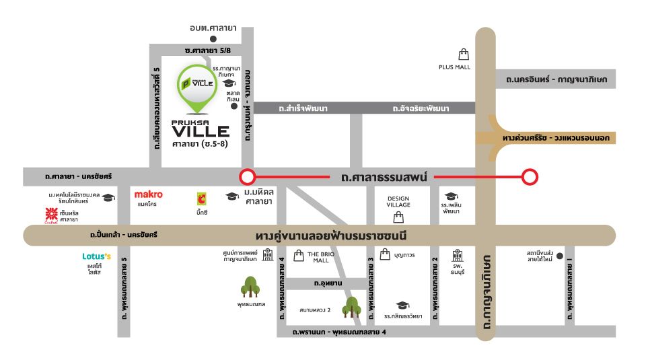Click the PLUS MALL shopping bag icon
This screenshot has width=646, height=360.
[463, 55]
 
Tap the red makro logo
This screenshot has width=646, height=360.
[148, 194]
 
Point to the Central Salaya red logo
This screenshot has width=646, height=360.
[49, 215]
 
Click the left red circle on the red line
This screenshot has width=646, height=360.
[248, 177]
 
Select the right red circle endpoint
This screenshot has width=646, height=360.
[531, 177]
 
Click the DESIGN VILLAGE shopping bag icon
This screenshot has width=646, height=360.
[398, 217]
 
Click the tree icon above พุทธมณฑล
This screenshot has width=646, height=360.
[251, 288]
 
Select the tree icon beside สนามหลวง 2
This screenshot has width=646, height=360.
[350, 308]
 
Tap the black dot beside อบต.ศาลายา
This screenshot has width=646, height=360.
[213, 39]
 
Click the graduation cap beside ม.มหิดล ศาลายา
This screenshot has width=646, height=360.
[232, 196]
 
